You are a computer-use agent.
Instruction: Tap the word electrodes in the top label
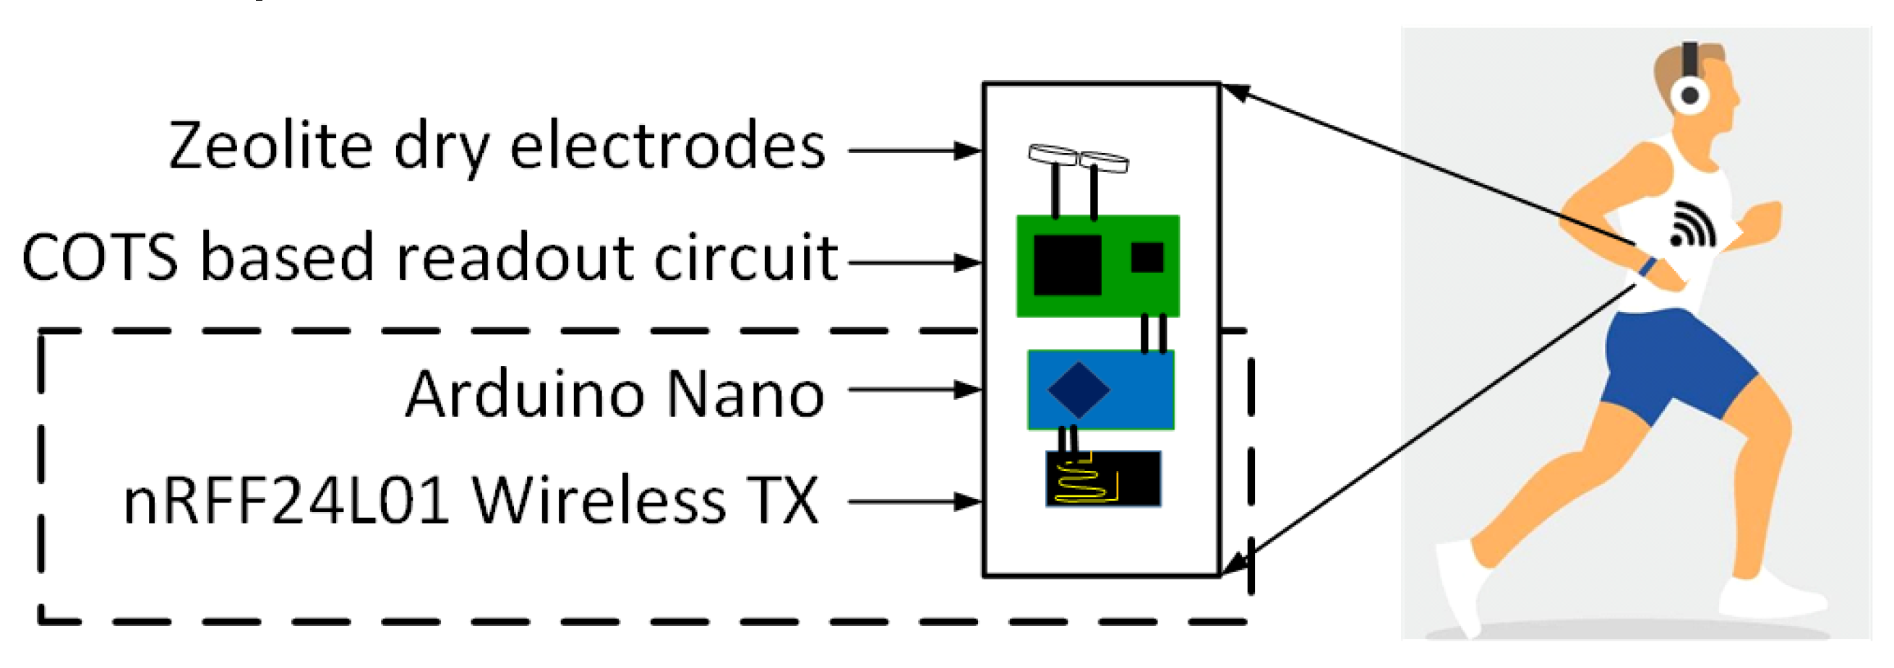[x=668, y=147]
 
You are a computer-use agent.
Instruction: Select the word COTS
[x=100, y=258]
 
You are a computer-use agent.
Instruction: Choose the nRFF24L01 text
[x=286, y=502]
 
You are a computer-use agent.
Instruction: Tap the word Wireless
[x=599, y=502]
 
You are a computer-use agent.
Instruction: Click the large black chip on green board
[x=1067, y=264]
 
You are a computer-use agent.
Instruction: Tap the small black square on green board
[x=1147, y=257]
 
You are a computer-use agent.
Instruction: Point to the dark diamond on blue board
[x=1078, y=390]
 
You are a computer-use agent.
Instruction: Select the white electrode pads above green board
[x=1078, y=157]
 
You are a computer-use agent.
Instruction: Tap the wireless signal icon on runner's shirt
[x=1691, y=225]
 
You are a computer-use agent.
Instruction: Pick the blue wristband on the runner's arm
[x=1647, y=266]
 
